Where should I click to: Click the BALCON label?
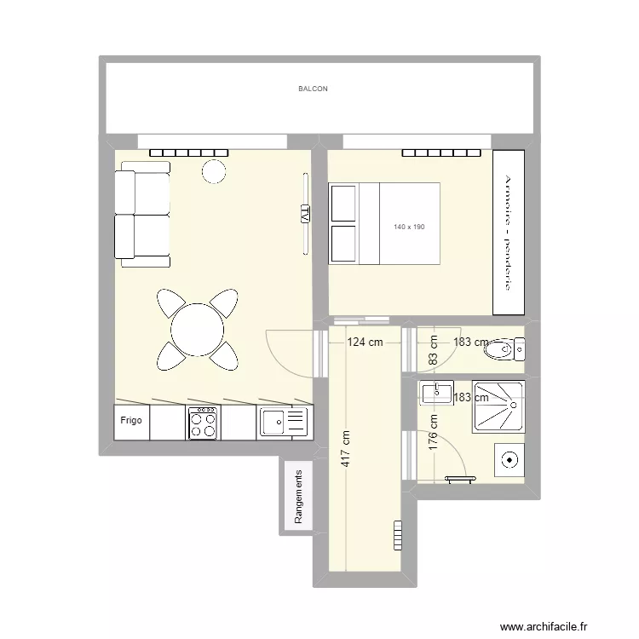click(313, 89)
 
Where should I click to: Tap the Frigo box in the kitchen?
click(131, 421)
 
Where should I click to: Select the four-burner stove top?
click(202, 422)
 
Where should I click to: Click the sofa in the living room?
click(141, 218)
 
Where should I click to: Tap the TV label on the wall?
click(303, 214)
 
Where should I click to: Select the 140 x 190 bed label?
click(408, 227)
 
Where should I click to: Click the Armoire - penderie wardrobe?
click(508, 233)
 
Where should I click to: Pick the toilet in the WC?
click(504, 348)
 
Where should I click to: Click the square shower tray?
click(498, 407)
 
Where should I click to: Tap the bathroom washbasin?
click(436, 393)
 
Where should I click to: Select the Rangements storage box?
click(298, 498)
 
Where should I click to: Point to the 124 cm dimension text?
click(365, 343)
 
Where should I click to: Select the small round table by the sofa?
click(213, 172)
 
